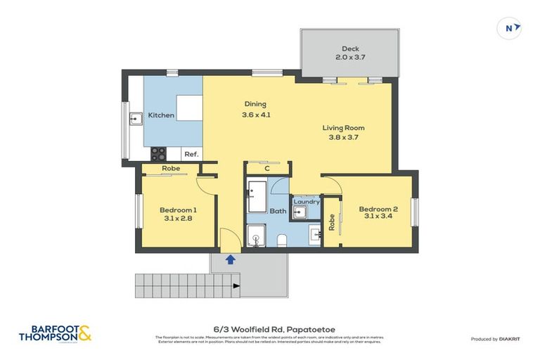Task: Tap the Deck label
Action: [350, 49]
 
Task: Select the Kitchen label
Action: [161, 115]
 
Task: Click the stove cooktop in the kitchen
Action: [158, 153]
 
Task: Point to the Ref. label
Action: [191, 154]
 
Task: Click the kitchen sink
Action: [135, 119]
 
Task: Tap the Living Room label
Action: [343, 128]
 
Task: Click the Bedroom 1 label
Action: [178, 210]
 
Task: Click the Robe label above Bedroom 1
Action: [170, 169]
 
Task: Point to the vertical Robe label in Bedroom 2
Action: [331, 222]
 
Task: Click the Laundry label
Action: [307, 202]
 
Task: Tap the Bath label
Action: [278, 211]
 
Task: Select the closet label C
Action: [267, 169]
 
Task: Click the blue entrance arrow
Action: [230, 259]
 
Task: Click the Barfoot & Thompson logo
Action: [54, 333]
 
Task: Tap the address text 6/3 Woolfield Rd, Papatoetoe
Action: [269, 328]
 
